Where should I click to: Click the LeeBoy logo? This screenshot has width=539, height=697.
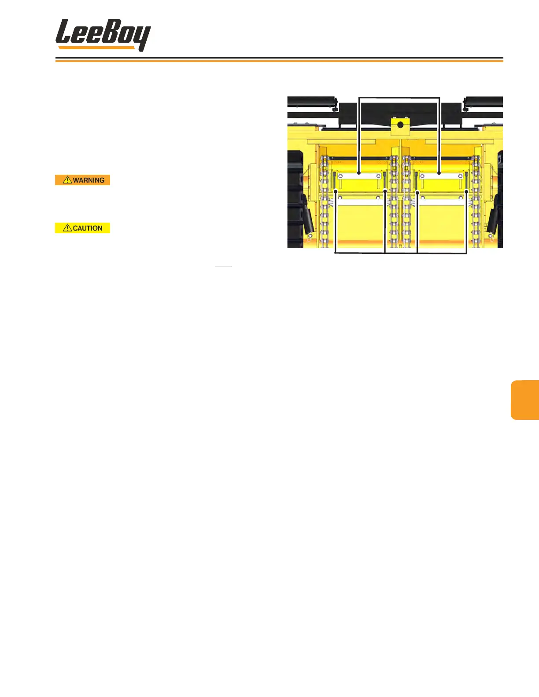tap(103, 35)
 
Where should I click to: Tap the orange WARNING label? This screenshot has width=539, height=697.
tap(82, 180)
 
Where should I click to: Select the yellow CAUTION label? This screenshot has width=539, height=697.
tap(82, 228)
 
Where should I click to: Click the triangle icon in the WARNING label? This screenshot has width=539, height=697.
tap(67, 180)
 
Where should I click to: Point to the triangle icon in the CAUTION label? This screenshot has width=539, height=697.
tap(67, 227)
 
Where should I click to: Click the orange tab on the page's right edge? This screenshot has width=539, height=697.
tap(525, 400)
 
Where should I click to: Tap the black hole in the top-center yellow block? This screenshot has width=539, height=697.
tap(400, 125)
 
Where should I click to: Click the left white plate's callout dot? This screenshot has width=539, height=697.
tap(359, 173)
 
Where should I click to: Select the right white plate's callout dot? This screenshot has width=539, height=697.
tap(439, 173)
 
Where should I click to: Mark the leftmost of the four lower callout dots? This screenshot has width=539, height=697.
tap(336, 191)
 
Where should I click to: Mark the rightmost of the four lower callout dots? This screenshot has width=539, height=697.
tap(466, 191)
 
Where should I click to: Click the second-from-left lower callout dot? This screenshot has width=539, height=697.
tap(385, 191)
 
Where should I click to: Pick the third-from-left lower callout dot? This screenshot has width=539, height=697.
tap(417, 192)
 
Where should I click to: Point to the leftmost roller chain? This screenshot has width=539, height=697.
tap(325, 202)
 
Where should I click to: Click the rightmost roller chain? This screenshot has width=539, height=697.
tap(476, 202)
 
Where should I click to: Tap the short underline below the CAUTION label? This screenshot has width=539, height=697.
tap(223, 267)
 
